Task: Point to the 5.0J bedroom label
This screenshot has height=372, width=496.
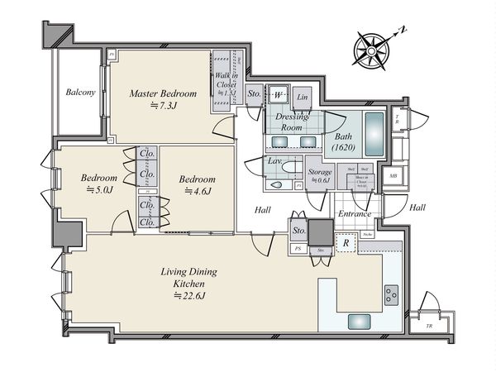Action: (x=98, y=184)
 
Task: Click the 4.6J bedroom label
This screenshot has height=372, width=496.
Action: (x=197, y=184)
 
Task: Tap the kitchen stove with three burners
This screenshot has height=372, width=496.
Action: (x=390, y=293)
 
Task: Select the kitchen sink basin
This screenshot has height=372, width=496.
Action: (x=361, y=322)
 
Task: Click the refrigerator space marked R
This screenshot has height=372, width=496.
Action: (x=346, y=244)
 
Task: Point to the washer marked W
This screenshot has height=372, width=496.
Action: (x=276, y=94)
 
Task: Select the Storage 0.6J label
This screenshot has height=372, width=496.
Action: (x=320, y=176)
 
